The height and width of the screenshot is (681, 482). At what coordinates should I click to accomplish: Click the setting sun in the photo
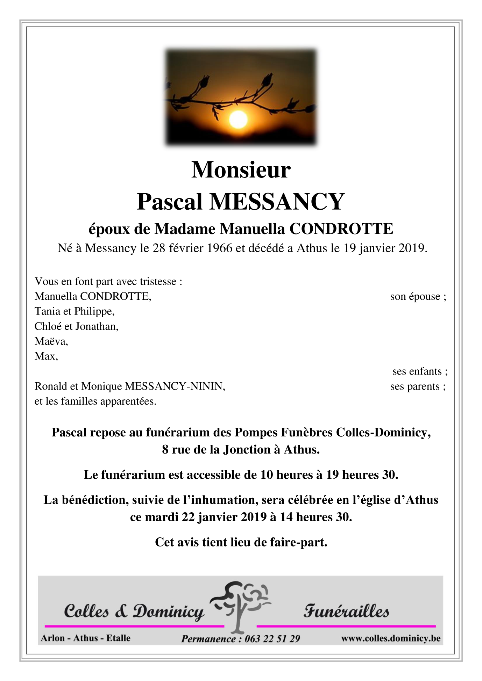(x=238, y=119)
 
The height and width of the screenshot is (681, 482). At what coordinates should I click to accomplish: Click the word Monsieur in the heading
(x=241, y=170)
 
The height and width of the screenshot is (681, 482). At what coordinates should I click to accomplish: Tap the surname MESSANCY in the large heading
(x=277, y=202)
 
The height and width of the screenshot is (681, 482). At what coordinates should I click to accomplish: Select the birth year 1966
(x=220, y=248)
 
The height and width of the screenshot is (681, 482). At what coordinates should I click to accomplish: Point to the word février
(x=187, y=248)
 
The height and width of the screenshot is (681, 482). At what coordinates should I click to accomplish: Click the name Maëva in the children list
(x=51, y=341)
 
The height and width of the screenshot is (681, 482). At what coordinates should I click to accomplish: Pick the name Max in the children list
(x=45, y=356)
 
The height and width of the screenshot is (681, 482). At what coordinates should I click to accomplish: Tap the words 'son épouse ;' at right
(x=418, y=297)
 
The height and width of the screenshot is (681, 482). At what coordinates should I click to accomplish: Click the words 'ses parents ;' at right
(x=418, y=386)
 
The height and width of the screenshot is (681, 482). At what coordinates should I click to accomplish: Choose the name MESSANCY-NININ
(x=175, y=386)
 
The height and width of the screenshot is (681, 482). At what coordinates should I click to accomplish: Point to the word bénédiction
(x=95, y=500)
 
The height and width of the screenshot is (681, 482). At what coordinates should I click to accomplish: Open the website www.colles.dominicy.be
(x=391, y=638)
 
